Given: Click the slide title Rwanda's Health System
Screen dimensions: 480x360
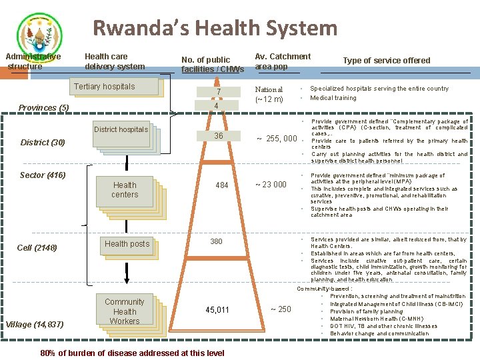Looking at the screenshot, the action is coord(215,28).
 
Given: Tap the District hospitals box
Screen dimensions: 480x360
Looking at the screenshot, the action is coord(121,130).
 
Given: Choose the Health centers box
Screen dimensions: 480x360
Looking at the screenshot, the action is coord(125,190).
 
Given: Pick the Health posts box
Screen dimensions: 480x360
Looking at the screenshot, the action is coord(127,244).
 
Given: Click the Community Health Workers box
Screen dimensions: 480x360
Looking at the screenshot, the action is coord(125,311).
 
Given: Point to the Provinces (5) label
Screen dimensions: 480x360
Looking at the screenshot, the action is coord(43,107).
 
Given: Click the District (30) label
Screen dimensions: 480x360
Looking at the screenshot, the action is coord(43,143).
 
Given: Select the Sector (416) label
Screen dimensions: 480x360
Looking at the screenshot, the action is coord(43,175).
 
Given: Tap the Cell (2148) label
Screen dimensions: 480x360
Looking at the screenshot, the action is coord(37,248).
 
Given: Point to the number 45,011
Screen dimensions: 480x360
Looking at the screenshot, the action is coord(217,309).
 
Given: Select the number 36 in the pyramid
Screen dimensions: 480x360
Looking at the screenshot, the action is coord(218,136).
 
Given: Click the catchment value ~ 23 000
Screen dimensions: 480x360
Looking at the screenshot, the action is coord(271,185).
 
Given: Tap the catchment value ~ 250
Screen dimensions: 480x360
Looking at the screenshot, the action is coord(281,309).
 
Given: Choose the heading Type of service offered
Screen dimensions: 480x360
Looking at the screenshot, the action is coord(386,61).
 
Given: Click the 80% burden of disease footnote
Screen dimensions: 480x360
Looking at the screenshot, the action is coord(132,353).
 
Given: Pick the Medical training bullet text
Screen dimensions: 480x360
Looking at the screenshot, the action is coord(333,98).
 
